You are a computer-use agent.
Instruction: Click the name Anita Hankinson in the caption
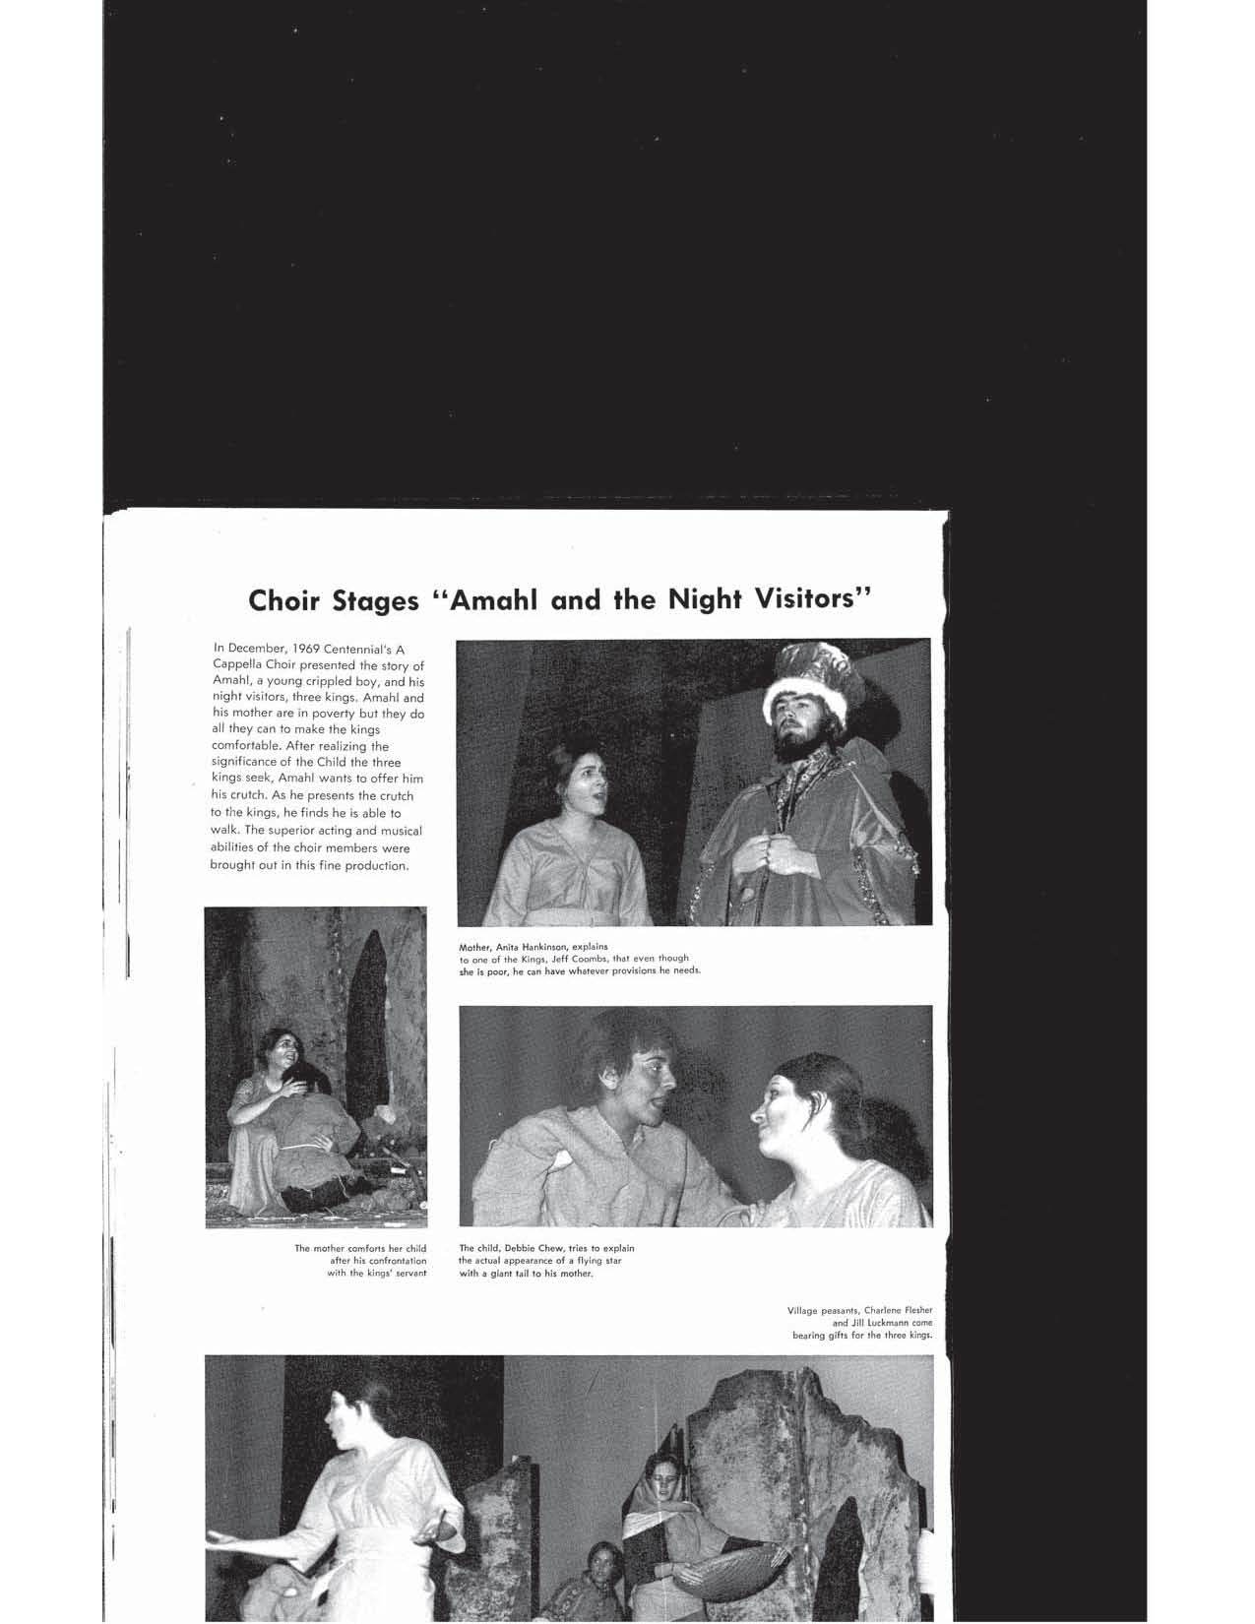pos(535,947)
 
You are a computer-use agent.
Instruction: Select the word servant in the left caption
pos(408,1273)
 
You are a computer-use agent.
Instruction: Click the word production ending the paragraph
pos(373,865)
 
